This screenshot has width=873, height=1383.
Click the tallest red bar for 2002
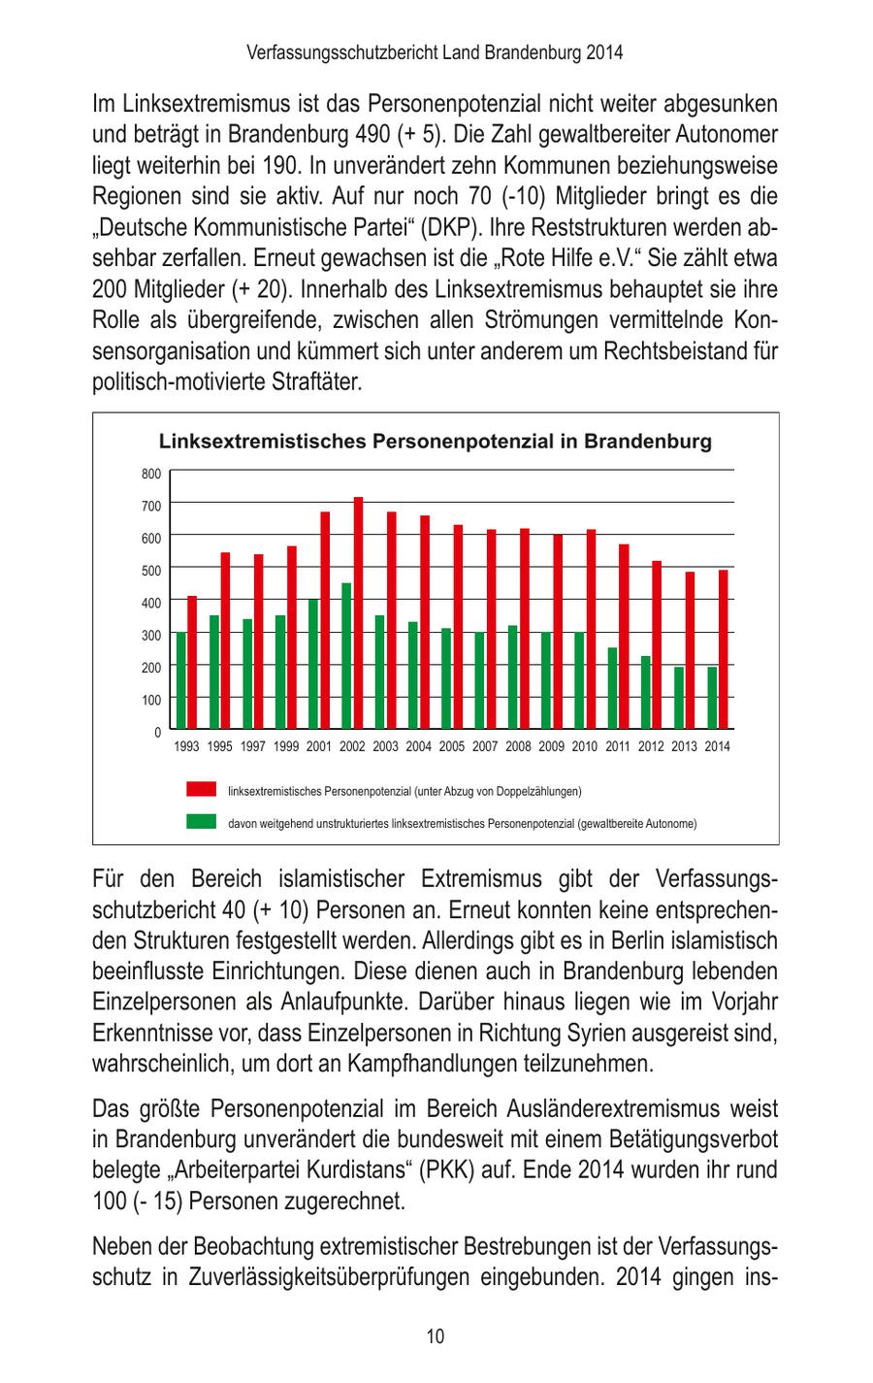click(358, 612)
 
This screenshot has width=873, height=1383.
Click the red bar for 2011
click(624, 636)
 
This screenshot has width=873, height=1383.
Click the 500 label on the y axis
click(150, 570)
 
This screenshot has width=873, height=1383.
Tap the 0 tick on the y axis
click(157, 731)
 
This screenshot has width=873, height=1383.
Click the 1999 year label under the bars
click(285, 746)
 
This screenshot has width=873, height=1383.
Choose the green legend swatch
click(202, 822)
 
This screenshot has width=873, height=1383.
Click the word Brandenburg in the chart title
click(647, 442)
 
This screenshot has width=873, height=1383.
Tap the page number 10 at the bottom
click(436, 1336)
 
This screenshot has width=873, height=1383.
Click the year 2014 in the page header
click(604, 52)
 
